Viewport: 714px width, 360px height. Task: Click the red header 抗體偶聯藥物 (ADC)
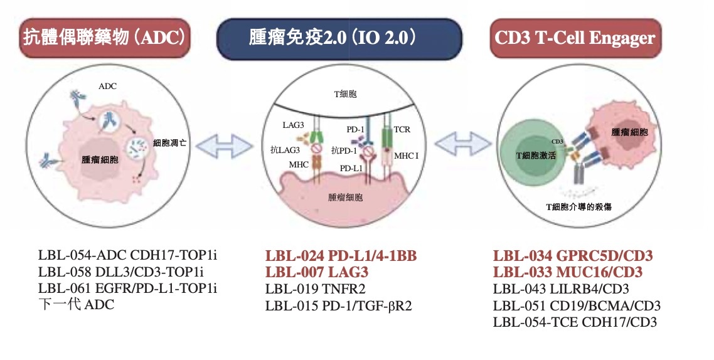click(104, 38)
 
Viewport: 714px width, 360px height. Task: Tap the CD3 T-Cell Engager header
click(574, 38)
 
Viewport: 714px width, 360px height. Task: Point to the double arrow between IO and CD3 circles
click(462, 144)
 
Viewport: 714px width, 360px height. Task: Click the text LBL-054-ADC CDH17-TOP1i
click(127, 256)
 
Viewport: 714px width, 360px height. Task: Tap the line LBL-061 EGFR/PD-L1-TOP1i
click(127, 289)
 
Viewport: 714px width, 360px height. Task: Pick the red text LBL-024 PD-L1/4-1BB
click(341, 256)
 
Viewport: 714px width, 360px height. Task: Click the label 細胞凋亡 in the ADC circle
click(169, 142)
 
